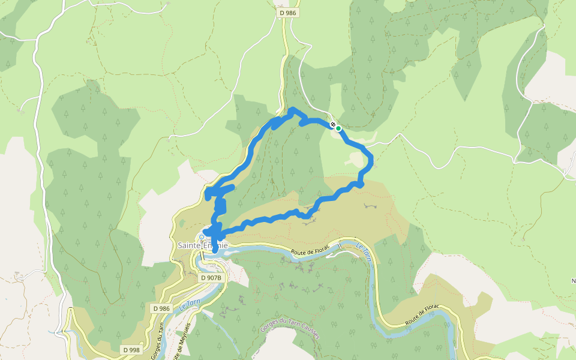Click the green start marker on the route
tap(338, 128)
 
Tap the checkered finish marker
tap(333, 124)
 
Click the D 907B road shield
tap(211, 278)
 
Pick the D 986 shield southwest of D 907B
tap(161, 308)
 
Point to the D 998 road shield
tap(131, 350)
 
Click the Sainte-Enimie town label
tap(202, 245)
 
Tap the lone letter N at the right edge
tap(572, 280)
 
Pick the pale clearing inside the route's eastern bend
tap(356, 160)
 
